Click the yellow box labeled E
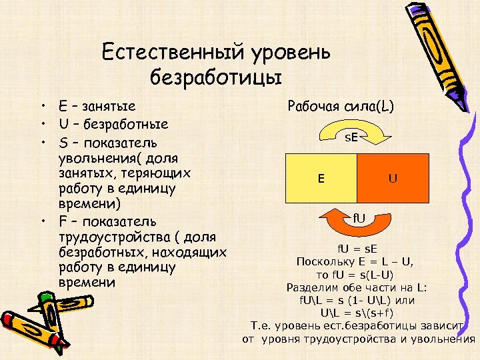click(321, 178)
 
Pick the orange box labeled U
click(393, 178)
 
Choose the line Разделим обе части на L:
click(356, 287)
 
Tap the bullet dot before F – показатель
click(42, 221)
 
